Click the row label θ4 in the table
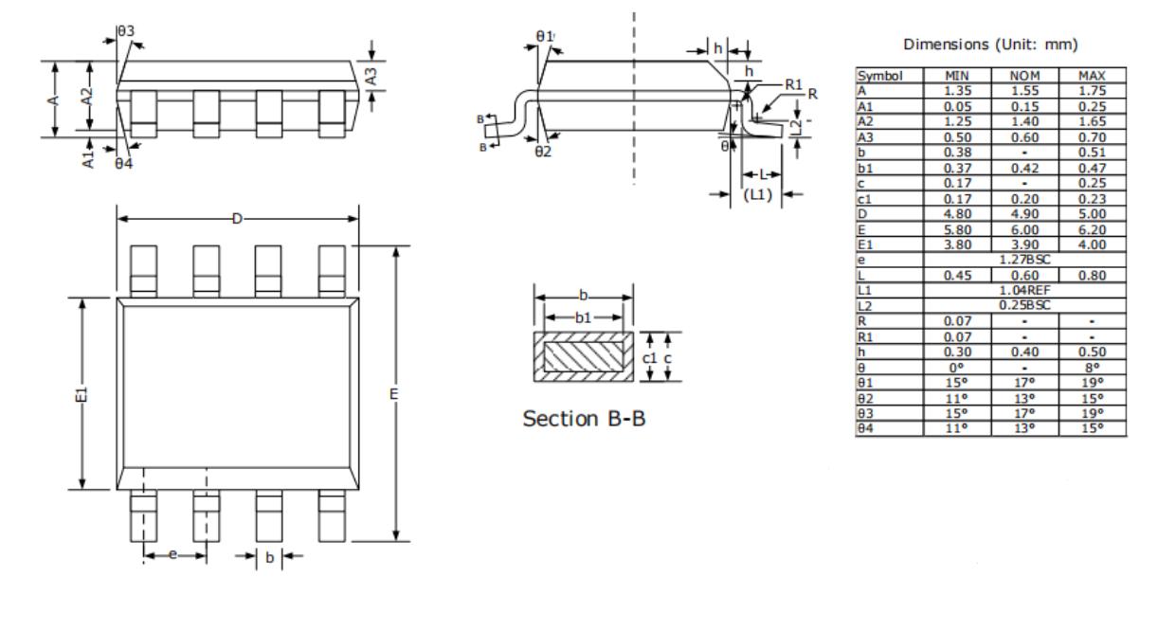864,427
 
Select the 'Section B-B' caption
585,419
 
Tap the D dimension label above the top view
237,219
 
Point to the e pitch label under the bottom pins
172,555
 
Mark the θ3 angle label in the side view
125,32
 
